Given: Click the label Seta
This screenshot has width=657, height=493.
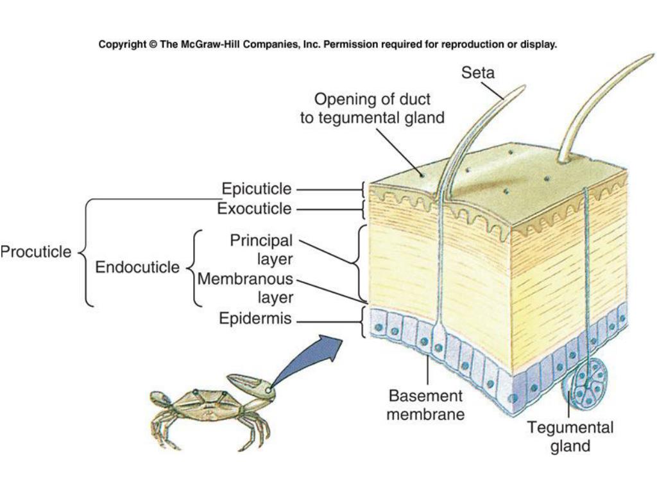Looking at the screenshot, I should tap(478, 73).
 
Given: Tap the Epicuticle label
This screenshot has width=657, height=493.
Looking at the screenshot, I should tap(257, 189).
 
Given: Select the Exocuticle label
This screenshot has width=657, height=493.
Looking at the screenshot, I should tap(254, 209).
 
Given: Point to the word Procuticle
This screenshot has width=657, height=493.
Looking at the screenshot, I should tap(36, 252).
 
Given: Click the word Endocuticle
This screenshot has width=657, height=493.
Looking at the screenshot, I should tap(137, 267).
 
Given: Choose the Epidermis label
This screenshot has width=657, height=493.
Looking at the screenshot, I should tap(255, 318).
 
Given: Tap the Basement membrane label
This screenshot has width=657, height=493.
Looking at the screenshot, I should tap(425, 404).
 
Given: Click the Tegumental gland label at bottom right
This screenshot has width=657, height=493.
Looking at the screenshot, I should tap(570, 437).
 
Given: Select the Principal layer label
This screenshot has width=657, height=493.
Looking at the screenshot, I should tap(261, 249).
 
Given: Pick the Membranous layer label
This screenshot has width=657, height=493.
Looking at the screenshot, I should tap(245, 288).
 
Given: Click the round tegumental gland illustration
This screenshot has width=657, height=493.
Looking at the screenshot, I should tap(585, 385).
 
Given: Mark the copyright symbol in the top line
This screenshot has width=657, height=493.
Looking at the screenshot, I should tap(153, 45).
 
